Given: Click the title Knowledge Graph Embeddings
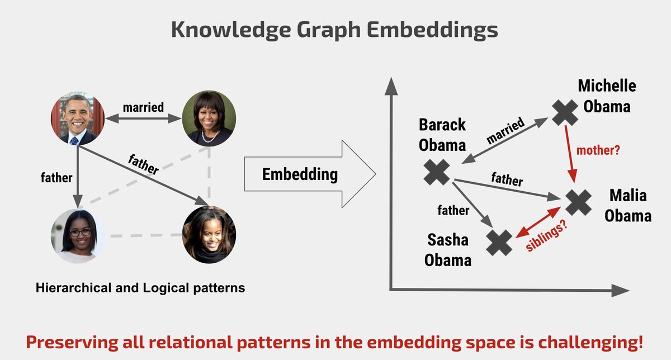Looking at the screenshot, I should [x=334, y=30].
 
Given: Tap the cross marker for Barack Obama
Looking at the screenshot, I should [x=437, y=172].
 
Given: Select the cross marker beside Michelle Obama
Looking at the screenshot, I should [x=565, y=112].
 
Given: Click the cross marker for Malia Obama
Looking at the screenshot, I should [x=579, y=202].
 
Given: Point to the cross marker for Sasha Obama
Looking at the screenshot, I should [x=499, y=243].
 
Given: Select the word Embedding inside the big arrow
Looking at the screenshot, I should [x=300, y=174].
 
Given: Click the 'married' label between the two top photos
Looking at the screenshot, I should [x=143, y=106].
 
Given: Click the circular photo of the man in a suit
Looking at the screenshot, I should [x=76, y=118].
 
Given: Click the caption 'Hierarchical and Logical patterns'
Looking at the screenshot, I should [x=140, y=288].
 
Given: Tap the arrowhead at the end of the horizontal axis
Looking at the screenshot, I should [x=621, y=290].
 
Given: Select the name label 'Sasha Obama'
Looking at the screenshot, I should [x=447, y=250].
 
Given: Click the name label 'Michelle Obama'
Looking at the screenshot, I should [x=607, y=96].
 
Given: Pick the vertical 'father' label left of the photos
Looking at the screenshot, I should [x=56, y=178].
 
